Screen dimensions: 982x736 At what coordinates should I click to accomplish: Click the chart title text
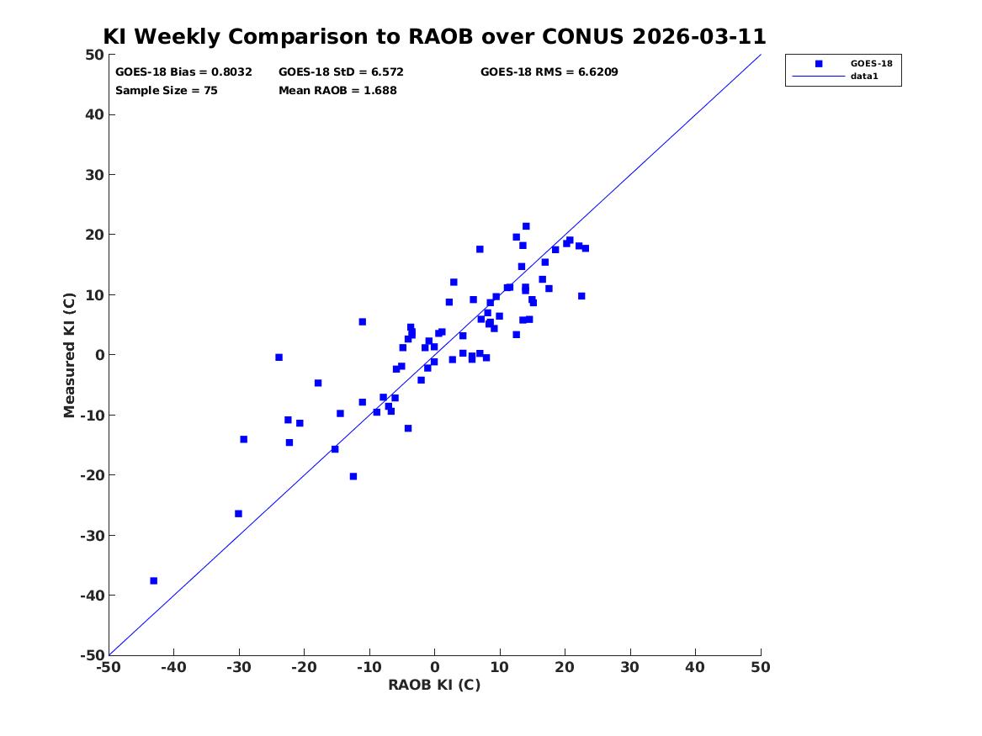(x=434, y=36)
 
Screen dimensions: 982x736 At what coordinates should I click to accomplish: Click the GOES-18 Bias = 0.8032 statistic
(x=183, y=72)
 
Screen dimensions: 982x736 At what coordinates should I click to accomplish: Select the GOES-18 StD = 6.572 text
(x=342, y=72)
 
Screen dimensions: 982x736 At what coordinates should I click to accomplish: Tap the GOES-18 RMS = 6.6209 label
(x=549, y=72)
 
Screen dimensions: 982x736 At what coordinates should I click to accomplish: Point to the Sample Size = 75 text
(x=167, y=90)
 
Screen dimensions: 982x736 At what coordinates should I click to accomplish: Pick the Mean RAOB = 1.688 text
(x=337, y=90)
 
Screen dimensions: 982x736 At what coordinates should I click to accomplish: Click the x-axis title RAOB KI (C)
(x=434, y=685)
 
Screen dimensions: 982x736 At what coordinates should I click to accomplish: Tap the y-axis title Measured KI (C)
(x=69, y=355)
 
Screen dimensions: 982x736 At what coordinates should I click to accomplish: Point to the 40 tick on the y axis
(x=94, y=114)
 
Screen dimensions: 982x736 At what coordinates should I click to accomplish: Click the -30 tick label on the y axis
(x=92, y=535)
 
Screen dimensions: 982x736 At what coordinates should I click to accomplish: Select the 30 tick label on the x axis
(x=630, y=667)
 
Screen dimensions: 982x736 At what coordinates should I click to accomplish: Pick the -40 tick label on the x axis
(x=173, y=667)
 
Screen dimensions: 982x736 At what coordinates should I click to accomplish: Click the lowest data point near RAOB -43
(x=153, y=580)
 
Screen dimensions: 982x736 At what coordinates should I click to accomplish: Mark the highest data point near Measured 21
(x=526, y=226)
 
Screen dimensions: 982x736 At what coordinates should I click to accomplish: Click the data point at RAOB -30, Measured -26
(x=238, y=514)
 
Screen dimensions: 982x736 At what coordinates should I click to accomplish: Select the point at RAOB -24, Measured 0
(x=279, y=357)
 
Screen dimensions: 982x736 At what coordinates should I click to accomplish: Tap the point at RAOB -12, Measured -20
(x=353, y=476)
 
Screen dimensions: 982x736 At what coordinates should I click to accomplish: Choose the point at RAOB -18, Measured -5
(x=317, y=383)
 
